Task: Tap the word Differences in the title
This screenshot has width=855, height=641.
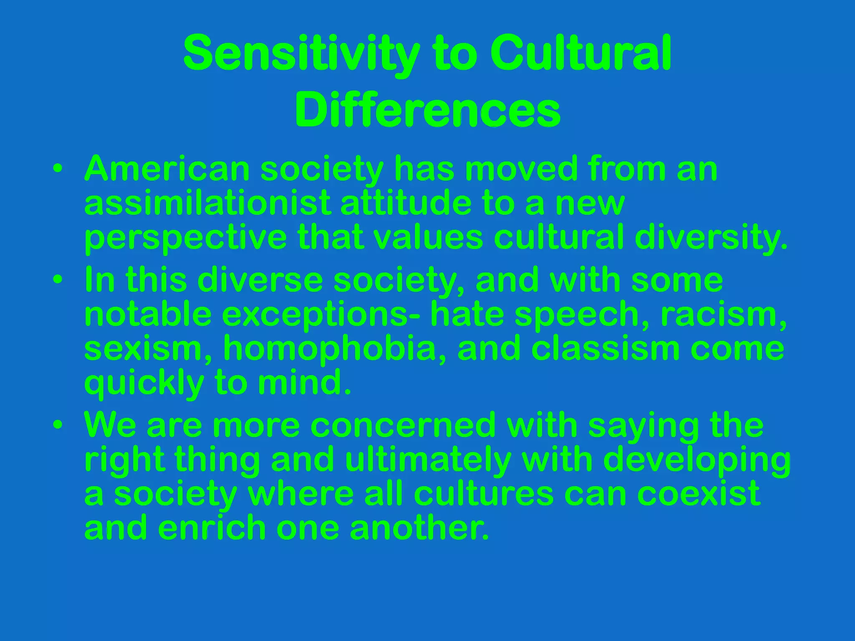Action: coord(427,111)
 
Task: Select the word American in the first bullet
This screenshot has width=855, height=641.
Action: coord(167,169)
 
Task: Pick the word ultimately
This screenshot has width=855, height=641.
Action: coord(428,460)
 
